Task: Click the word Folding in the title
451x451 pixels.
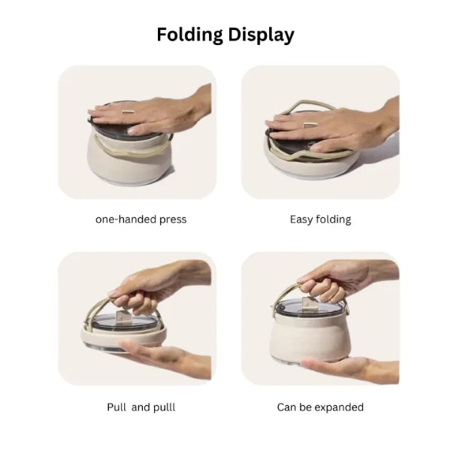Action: click(x=191, y=35)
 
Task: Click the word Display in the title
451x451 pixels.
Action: click(x=259, y=35)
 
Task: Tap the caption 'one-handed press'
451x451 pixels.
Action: click(x=141, y=219)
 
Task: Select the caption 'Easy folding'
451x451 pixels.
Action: click(x=320, y=219)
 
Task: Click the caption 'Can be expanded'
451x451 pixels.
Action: click(x=320, y=407)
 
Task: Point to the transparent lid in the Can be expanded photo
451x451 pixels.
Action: click(x=310, y=307)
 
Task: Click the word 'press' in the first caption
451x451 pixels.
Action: click(x=171, y=219)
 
